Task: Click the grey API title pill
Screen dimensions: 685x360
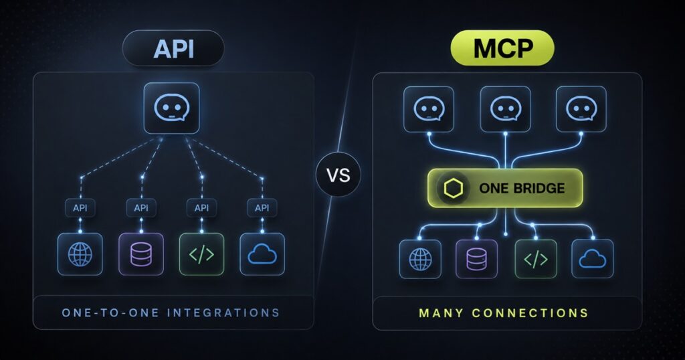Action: [173, 48]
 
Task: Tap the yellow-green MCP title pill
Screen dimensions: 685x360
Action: [502, 48]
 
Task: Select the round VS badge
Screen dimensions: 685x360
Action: [338, 175]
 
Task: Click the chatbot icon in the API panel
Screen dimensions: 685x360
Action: [172, 108]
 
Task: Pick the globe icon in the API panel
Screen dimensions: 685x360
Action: [80, 254]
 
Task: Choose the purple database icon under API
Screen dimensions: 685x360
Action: [141, 254]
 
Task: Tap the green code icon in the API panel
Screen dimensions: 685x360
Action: [201, 254]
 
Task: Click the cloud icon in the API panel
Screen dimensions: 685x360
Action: [262, 254]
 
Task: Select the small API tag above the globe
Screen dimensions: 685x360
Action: [80, 208]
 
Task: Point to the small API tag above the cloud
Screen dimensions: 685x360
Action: [262, 208]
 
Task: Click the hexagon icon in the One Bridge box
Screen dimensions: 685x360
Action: [453, 188]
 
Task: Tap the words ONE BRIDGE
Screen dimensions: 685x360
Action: [522, 188]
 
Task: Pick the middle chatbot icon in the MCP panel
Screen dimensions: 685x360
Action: [506, 109]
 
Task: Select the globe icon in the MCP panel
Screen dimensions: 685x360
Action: [420, 259]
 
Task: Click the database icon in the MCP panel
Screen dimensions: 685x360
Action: [476, 259]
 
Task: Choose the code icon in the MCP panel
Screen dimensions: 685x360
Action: [536, 259]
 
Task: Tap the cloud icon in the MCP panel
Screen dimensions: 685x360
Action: [593, 259]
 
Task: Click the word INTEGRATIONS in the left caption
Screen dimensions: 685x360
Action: [223, 312]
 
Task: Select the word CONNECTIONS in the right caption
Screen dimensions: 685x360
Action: [530, 313]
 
